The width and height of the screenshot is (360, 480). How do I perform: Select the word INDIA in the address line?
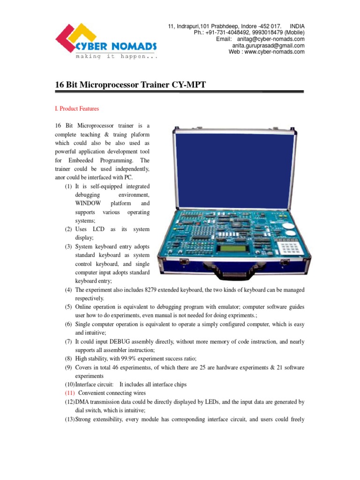(x=297, y=26)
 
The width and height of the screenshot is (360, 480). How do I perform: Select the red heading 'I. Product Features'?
(x=77, y=109)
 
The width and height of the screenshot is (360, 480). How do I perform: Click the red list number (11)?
(x=70, y=393)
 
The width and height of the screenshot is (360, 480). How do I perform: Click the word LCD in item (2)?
(x=98, y=229)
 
